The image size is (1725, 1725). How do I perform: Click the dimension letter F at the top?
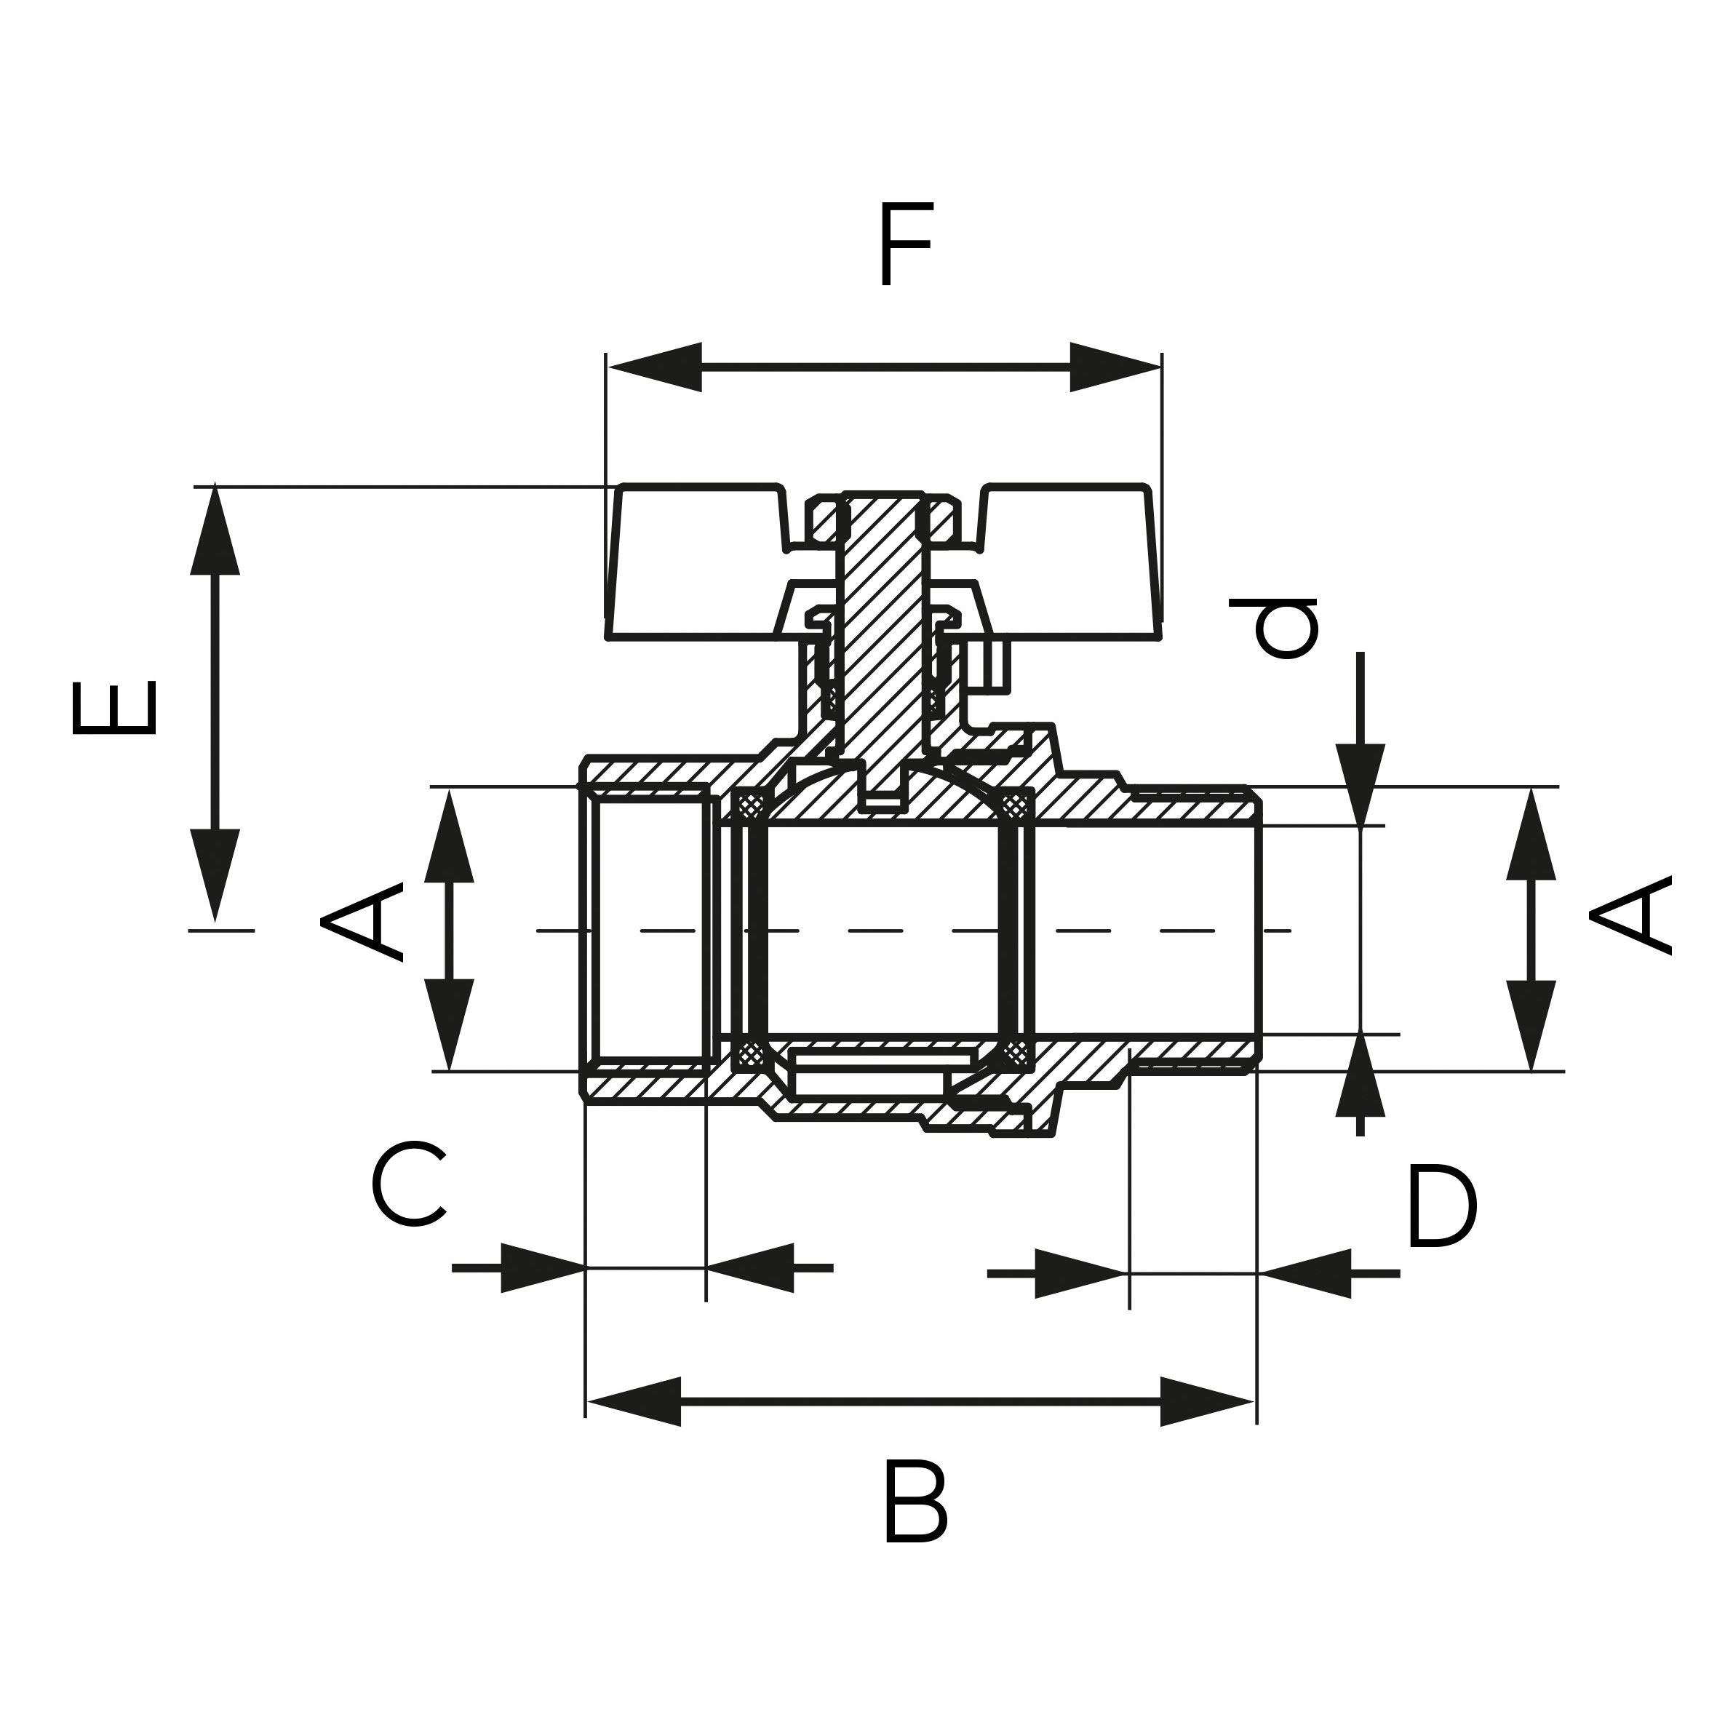[905, 244]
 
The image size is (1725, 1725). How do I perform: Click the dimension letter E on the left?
[114, 708]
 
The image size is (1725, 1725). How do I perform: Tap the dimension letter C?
[408, 1185]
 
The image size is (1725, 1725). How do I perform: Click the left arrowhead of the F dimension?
[656, 367]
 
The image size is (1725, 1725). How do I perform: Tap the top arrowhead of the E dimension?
[215, 531]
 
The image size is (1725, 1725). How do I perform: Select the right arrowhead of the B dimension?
[1206, 1402]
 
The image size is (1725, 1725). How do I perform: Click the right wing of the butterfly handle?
[1072, 562]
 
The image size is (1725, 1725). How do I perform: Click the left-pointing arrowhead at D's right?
[1304, 1274]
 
